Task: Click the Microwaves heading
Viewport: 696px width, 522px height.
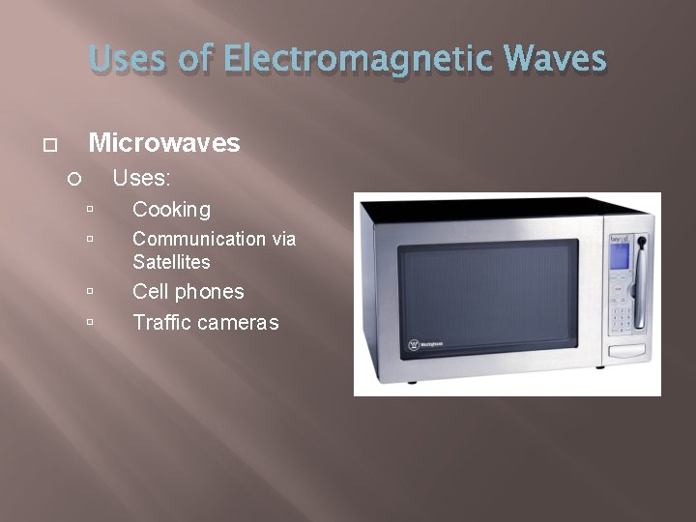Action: [163, 143]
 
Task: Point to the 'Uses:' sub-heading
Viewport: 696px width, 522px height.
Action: [142, 178]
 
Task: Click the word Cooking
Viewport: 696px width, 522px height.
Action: [171, 209]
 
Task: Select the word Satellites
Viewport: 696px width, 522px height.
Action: [171, 262]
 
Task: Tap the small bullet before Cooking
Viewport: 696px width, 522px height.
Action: [89, 209]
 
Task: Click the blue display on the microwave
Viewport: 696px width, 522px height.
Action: [618, 255]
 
